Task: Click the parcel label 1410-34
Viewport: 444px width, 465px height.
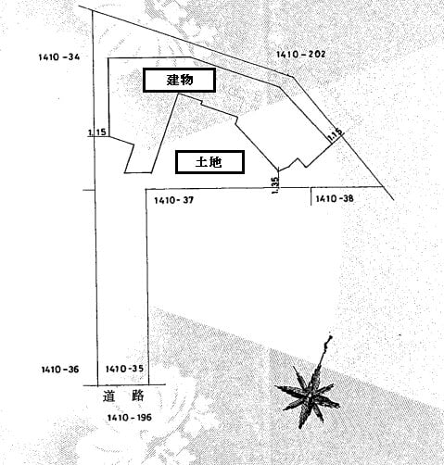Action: (x=59, y=57)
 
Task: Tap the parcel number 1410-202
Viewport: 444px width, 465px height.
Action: (x=300, y=55)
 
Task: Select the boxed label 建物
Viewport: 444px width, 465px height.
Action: (x=179, y=80)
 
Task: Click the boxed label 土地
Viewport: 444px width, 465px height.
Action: (x=209, y=162)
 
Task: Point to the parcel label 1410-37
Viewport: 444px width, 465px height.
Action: (x=174, y=200)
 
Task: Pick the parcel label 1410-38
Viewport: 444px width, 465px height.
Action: (x=335, y=198)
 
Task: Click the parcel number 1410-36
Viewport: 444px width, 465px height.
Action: (x=60, y=370)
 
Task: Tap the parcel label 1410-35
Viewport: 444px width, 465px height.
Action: (x=124, y=369)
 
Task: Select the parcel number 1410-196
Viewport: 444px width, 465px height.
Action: (x=130, y=418)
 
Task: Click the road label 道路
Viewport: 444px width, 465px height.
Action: (x=123, y=396)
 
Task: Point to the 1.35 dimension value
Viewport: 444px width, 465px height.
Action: (x=275, y=185)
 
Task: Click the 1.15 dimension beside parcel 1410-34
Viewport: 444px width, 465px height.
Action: (x=97, y=132)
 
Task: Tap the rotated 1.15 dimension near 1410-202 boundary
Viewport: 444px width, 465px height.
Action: (x=336, y=135)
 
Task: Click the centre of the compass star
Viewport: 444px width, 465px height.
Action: (x=310, y=396)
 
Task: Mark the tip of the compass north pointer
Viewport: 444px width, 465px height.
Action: (x=331, y=336)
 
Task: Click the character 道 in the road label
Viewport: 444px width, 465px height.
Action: (x=108, y=396)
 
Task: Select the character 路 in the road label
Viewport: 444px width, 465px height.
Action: (x=138, y=396)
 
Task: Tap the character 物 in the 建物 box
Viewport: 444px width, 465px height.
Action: (x=186, y=80)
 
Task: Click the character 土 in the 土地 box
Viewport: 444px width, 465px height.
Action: (x=201, y=162)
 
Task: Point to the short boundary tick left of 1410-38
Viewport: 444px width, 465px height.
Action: (x=311, y=196)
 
